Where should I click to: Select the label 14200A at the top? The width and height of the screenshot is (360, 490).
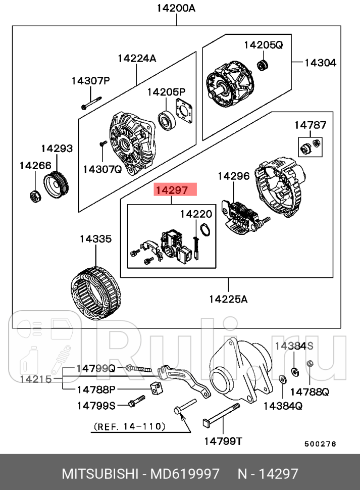point(176,8)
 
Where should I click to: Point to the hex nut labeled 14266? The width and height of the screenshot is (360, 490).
point(34,195)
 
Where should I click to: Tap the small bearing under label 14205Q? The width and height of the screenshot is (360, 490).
point(262,65)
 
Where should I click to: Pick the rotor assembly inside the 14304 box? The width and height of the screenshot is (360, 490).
point(230,86)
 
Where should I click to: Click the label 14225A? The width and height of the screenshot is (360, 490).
point(228,299)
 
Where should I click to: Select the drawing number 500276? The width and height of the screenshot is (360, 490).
point(320,444)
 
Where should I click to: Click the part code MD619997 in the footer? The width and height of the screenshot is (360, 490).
point(186,474)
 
